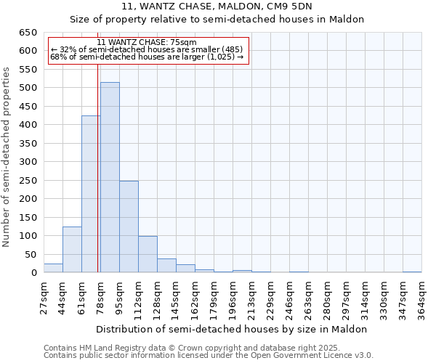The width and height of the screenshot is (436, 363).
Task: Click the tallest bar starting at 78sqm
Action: pyautogui.click(x=110, y=178)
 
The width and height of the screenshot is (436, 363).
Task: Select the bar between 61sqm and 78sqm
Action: pyautogui.click(x=91, y=195)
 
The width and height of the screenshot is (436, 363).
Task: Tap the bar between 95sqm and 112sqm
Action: pyautogui.click(x=129, y=227)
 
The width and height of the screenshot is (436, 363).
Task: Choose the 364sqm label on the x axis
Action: pyautogui.click(x=421, y=298)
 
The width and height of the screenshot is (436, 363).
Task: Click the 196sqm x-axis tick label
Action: pyautogui.click(x=233, y=298)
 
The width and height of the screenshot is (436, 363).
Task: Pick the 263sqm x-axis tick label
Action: pyautogui.click(x=309, y=298)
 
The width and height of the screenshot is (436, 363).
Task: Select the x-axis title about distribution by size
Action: pyautogui.click(x=233, y=330)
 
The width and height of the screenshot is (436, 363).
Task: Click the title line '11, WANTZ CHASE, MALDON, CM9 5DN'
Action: pyautogui.click(x=217, y=7)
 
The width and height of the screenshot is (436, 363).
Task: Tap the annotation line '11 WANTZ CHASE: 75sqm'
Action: pyautogui.click(x=147, y=43)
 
